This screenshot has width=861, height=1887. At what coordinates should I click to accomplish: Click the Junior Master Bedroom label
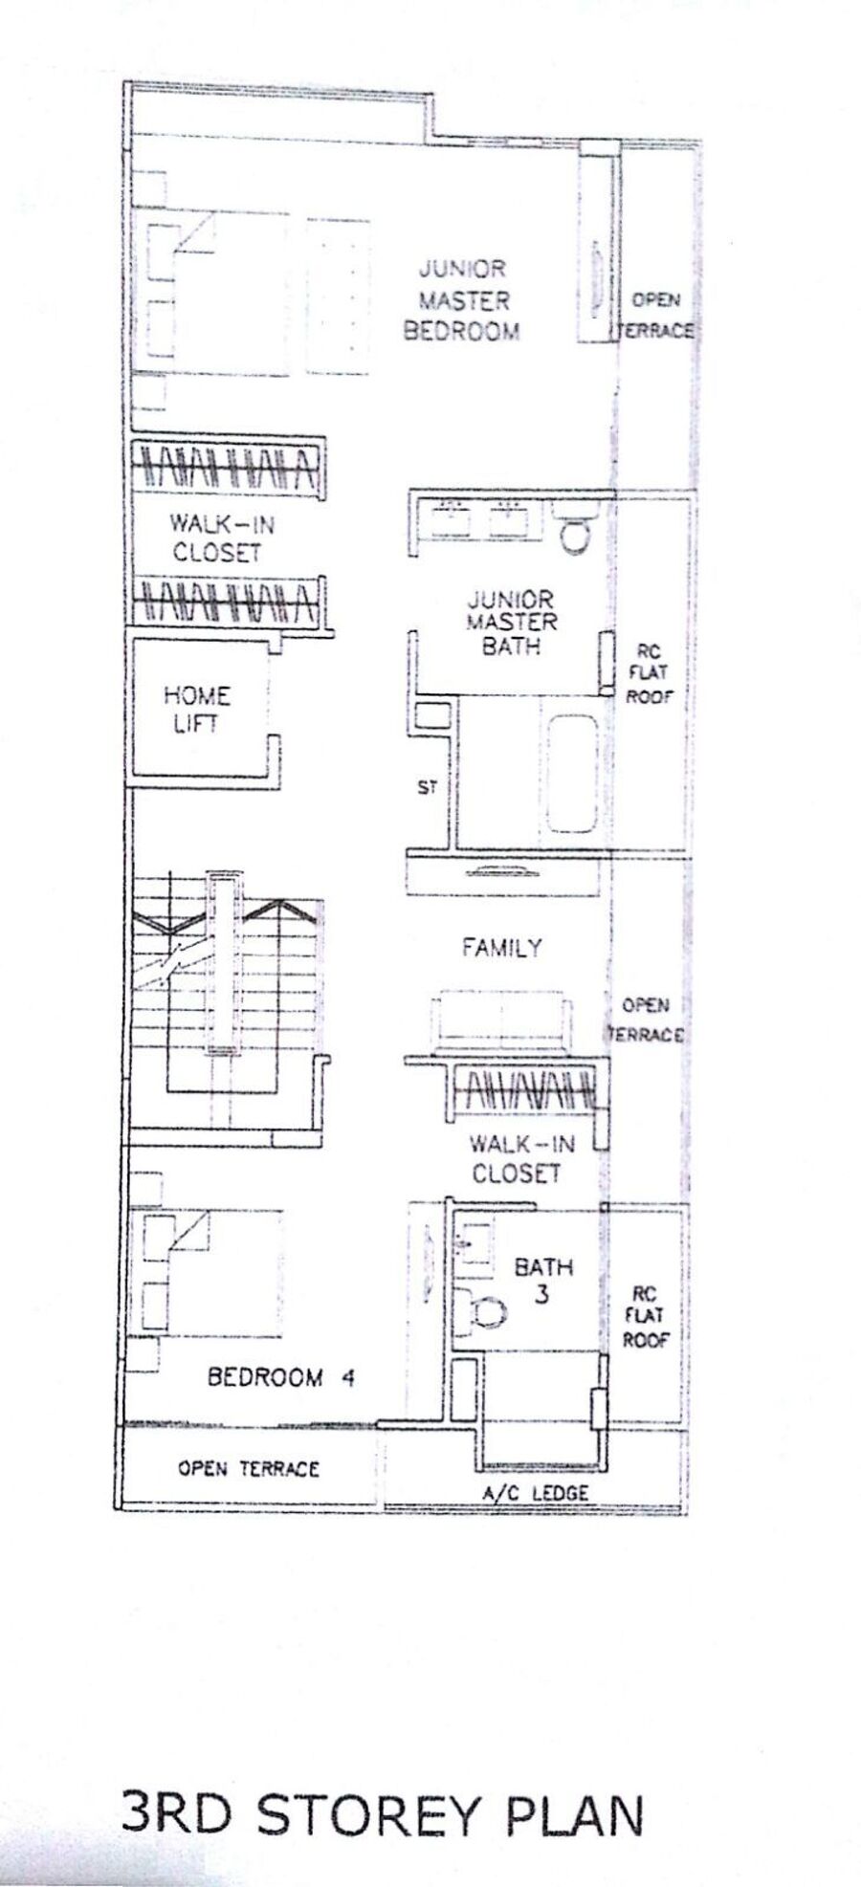pos(462,300)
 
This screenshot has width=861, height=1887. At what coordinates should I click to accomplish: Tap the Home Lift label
pos(196,710)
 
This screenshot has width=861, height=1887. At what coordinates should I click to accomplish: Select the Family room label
pos(501,948)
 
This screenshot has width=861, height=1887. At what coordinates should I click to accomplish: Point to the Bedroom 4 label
pos(281,1377)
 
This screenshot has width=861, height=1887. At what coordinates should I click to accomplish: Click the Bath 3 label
pos(543,1281)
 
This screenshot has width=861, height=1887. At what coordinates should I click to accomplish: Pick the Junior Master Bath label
pos(511,623)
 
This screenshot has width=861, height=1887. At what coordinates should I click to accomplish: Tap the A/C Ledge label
pos(534,1492)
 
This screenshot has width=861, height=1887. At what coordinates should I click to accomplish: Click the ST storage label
pos(427,787)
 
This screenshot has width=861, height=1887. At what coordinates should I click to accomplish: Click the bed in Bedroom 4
pos(212,1273)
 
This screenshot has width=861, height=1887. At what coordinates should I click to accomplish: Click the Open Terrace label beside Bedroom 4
pos(248,1468)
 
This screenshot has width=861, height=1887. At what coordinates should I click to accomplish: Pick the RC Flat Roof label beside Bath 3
pos(645,1317)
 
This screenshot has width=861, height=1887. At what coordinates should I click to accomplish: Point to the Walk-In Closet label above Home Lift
pos(216,538)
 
